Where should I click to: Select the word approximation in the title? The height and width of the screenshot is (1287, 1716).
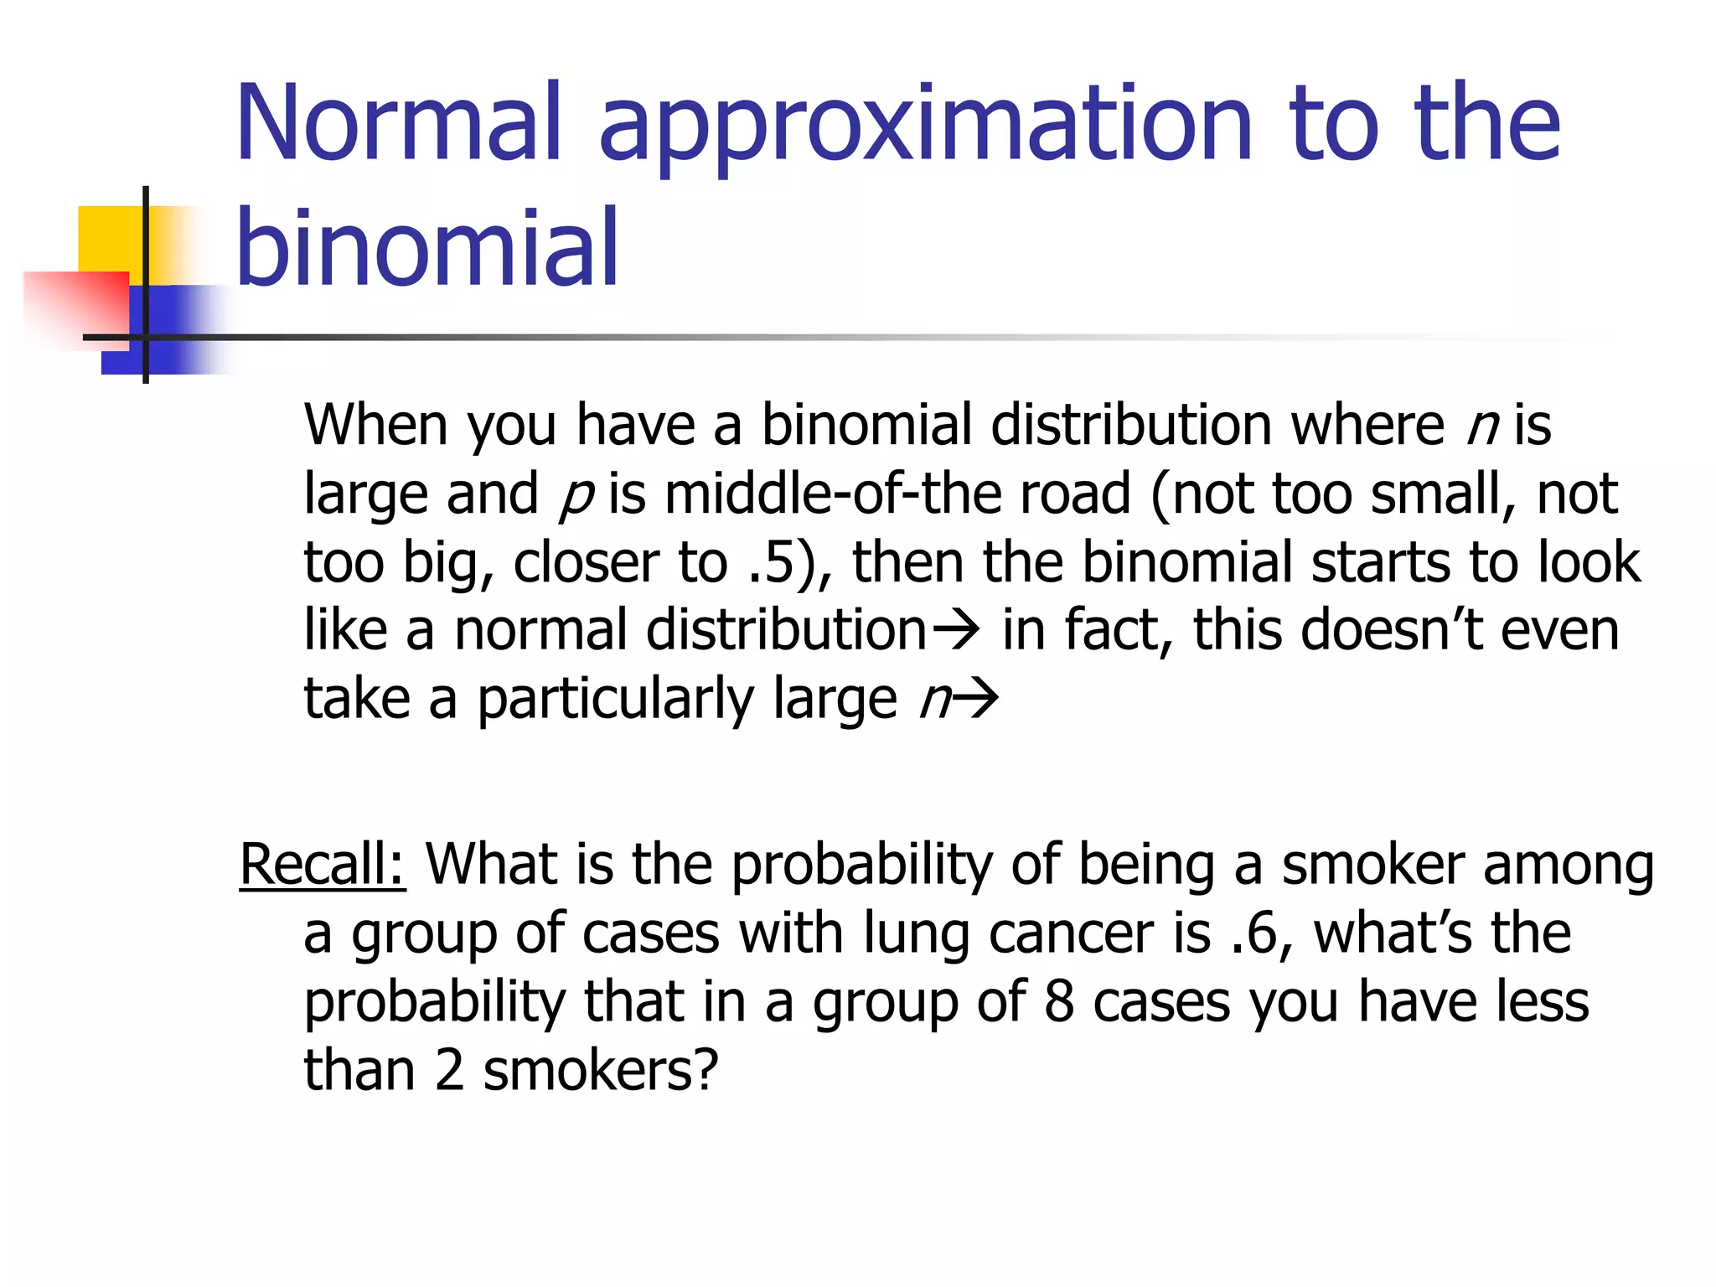click(x=925, y=126)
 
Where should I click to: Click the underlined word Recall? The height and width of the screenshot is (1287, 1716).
click(x=323, y=864)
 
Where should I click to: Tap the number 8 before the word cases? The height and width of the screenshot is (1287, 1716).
click(x=1059, y=1002)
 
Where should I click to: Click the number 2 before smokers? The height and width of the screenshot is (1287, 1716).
click(x=450, y=1071)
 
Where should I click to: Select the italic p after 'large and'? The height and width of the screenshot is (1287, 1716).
click(x=576, y=494)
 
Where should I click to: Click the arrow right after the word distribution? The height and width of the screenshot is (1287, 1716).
click(x=956, y=631)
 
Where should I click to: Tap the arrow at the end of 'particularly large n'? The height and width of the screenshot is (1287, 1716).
click(x=977, y=700)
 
